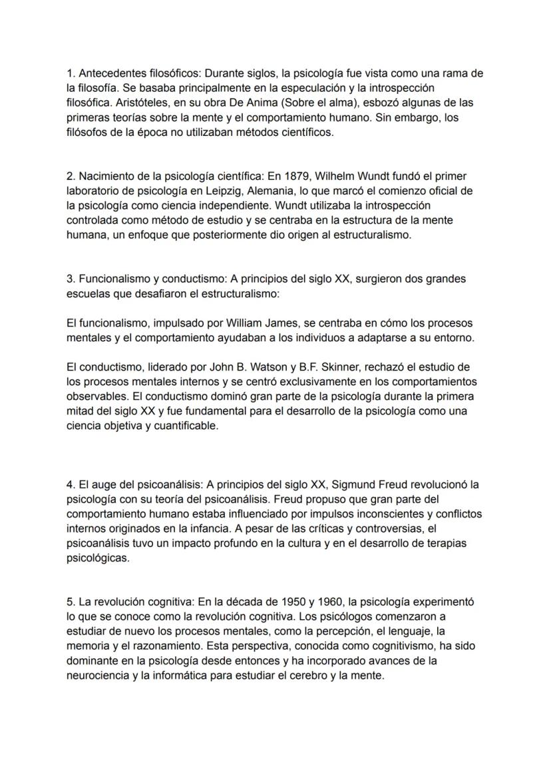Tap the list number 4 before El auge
(x=71, y=485)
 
